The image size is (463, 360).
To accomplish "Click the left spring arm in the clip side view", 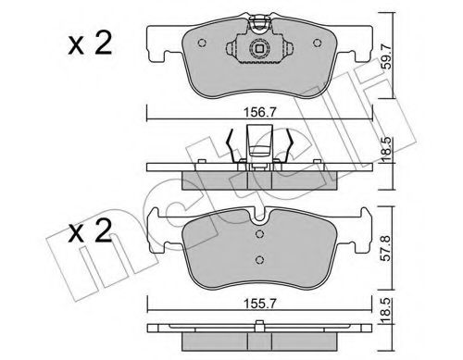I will pos(231,146).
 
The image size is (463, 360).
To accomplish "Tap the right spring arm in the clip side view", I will pos(293,146).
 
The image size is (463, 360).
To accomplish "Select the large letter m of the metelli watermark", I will pos(74,278).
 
